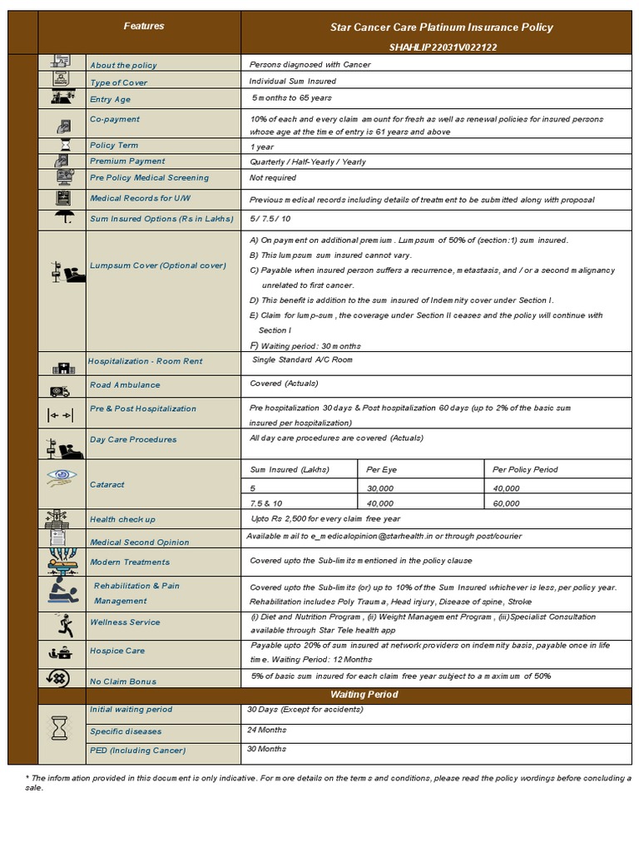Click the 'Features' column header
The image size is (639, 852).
[x=144, y=27]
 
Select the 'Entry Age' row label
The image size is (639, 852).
[x=111, y=100]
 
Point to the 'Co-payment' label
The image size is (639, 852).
[x=115, y=119]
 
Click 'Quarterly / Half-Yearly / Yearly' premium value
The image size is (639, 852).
[x=307, y=161]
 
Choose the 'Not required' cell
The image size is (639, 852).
[x=273, y=178]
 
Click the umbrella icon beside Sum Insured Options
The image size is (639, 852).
[x=62, y=219]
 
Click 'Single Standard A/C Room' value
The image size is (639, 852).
[x=302, y=360]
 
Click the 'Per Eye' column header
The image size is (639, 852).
[x=379, y=469]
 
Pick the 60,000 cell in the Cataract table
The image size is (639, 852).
[x=506, y=503]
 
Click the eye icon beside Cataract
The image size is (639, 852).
[x=62, y=477]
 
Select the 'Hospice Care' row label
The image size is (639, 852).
[x=117, y=651]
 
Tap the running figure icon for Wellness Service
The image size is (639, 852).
[x=62, y=624]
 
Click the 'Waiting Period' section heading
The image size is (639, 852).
[x=364, y=695]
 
